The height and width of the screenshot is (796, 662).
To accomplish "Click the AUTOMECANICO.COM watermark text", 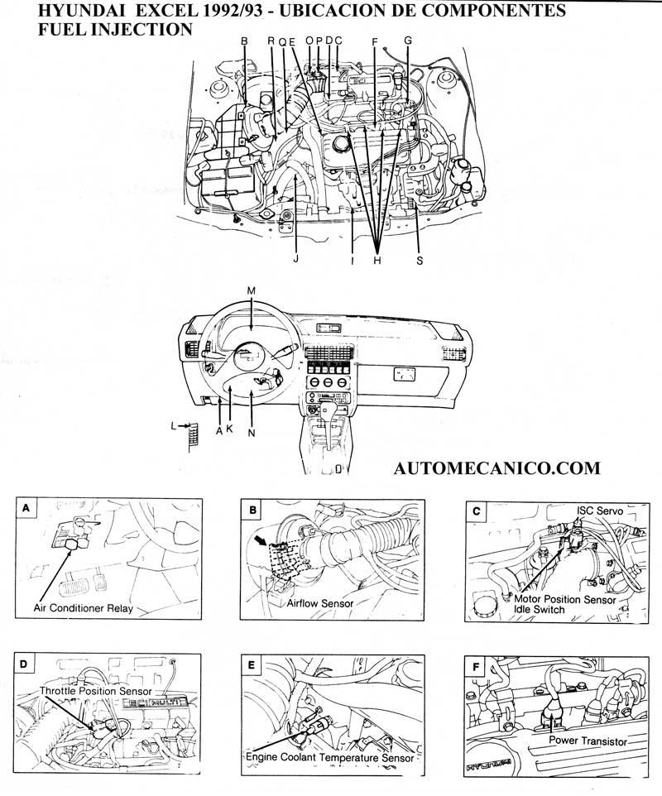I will [498, 468].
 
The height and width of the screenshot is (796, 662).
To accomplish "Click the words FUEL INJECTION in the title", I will [116, 29].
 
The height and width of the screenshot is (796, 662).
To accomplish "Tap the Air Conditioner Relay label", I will [83, 607].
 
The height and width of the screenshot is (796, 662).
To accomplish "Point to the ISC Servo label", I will [598, 511].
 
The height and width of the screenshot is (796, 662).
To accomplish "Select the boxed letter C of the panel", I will [476, 511].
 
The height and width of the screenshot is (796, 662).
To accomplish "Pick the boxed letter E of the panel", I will [252, 664].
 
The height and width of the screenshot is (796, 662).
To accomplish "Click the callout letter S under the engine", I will [420, 260].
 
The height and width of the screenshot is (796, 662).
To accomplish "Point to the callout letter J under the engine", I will [295, 257].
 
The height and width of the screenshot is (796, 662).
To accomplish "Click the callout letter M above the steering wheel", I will [252, 290].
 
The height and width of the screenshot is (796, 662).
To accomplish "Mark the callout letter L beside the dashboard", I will [174, 425].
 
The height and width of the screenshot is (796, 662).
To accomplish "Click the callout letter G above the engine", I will [407, 40].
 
